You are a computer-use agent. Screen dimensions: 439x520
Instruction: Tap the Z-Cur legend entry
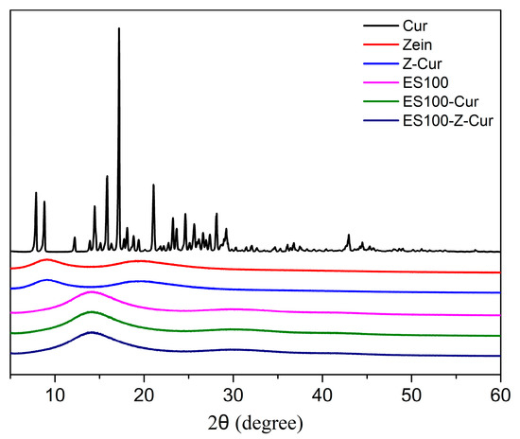pos(421,63)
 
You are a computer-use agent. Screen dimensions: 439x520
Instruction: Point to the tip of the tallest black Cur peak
pos(119,28)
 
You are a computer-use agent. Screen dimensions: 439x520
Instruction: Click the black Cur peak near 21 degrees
pos(153,185)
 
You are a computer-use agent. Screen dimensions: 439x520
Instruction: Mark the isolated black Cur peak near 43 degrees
pos(348,235)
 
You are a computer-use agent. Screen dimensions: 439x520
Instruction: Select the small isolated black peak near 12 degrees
pos(74,237)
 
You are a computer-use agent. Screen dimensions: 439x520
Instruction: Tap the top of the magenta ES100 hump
pos(92,291)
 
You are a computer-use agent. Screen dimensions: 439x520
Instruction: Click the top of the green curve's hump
pos(91,311)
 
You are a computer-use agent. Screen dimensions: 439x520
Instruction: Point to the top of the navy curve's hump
pos(91,332)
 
